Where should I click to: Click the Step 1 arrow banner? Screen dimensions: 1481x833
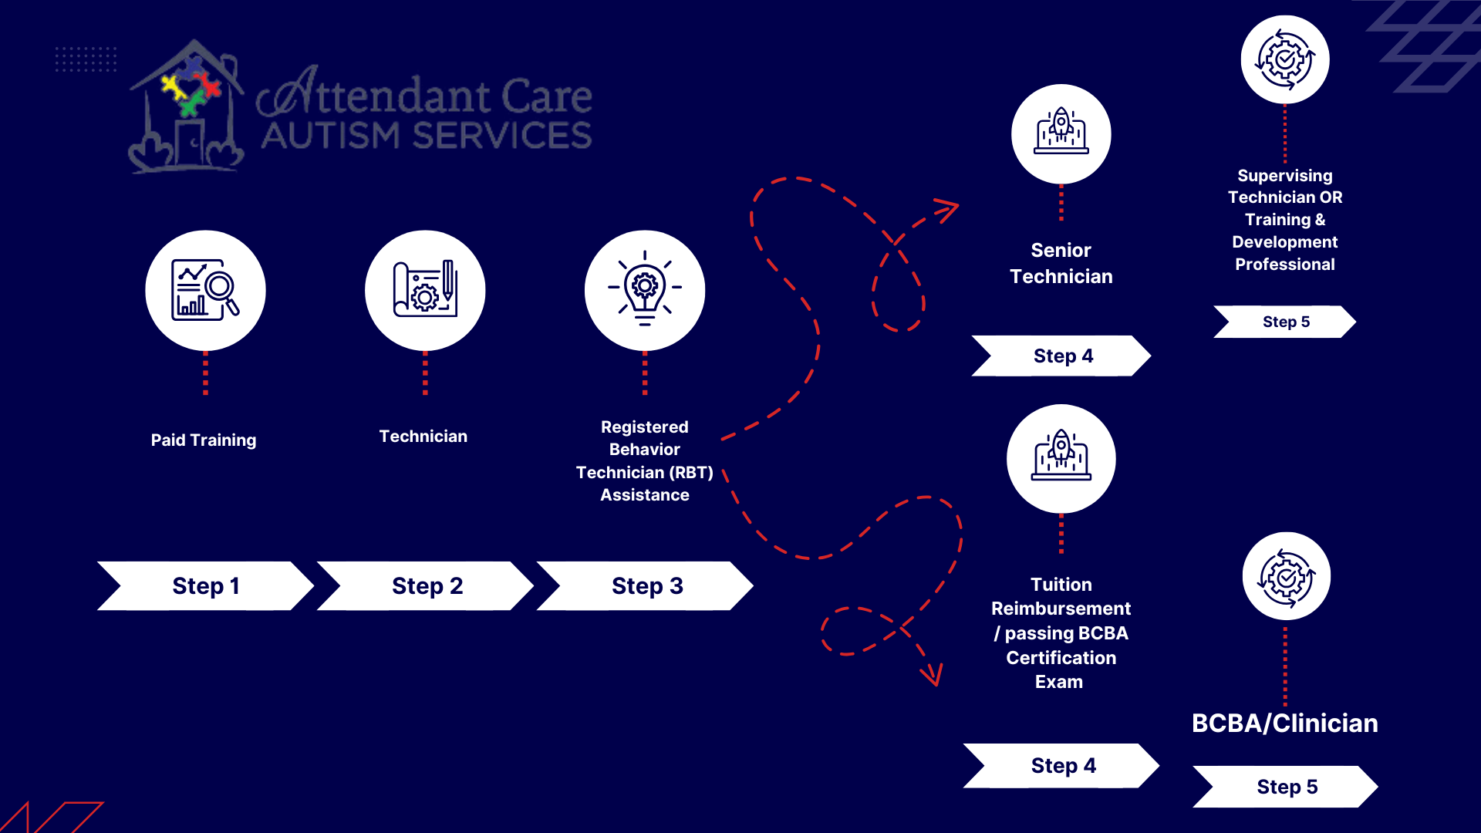205,586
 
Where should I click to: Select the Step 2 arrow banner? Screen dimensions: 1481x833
425,586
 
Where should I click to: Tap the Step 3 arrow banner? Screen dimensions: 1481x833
645,586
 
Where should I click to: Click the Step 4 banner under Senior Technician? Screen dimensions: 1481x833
1061,356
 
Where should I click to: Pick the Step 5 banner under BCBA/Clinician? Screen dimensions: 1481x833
1286,787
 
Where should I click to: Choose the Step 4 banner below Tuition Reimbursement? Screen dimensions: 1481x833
1061,766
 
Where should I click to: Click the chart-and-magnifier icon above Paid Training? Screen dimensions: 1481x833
205,290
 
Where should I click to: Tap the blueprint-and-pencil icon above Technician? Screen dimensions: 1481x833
425,289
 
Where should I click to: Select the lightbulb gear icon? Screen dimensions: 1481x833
645,288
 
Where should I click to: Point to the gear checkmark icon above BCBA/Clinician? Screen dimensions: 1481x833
1287,577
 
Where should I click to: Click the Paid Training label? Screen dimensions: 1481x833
204,440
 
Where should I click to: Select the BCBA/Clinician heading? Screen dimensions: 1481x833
1285,723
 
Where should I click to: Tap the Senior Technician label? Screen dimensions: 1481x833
1061,263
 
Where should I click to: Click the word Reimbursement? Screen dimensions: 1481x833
1061,609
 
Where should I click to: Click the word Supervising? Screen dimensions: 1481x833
1285,176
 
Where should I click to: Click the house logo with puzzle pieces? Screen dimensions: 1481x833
187,106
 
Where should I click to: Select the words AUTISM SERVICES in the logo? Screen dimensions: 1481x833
427,136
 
